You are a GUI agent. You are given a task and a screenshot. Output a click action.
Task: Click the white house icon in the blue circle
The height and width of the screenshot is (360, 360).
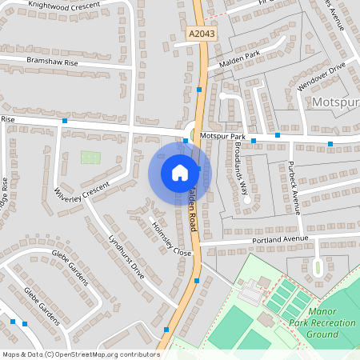(180, 172)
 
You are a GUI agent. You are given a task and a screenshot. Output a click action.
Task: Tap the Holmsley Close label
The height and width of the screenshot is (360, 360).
(171, 237)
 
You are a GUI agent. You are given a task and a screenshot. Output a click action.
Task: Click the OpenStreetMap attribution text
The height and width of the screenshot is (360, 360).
(81, 354)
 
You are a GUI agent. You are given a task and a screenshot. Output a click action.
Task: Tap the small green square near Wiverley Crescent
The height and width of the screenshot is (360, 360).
(90, 157)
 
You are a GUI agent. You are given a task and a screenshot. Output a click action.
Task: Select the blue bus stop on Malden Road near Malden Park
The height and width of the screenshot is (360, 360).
(199, 90)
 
